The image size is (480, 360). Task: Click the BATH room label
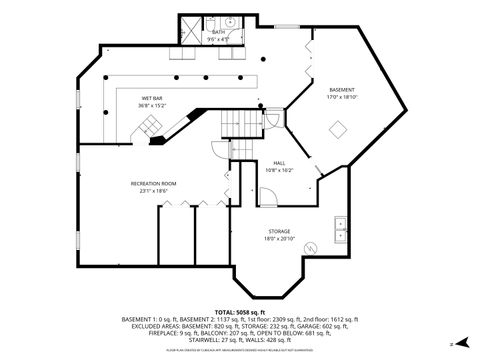[x=219, y=32]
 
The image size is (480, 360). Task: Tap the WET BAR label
[x=152, y=98]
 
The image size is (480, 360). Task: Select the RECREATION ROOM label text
[x=153, y=184]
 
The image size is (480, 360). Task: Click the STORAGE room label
[x=278, y=232]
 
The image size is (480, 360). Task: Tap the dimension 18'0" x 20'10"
[x=278, y=239]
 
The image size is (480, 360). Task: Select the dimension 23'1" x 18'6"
[x=153, y=191]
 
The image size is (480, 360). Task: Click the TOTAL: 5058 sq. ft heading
[x=239, y=311]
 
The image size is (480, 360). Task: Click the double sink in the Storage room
[x=340, y=223]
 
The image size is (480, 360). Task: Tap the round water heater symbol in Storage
[x=312, y=245]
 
